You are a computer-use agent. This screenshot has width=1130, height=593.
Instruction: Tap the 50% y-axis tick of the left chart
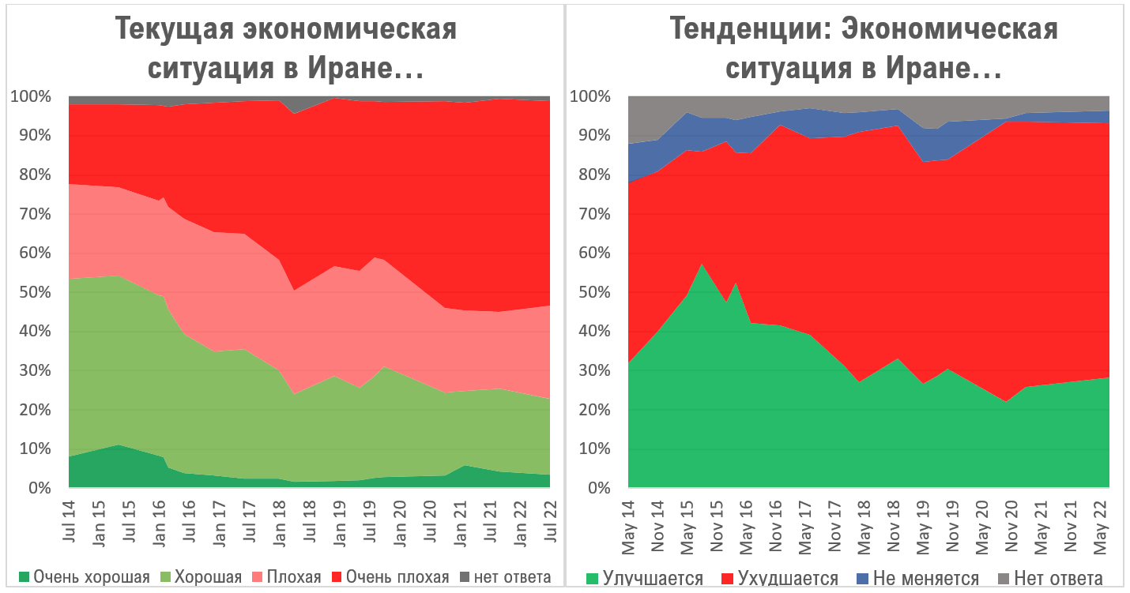(32, 292)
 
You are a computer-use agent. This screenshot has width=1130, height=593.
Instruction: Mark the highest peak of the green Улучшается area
(701, 264)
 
